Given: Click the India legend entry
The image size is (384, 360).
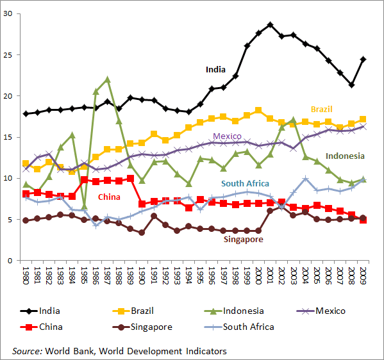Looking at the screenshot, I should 49,311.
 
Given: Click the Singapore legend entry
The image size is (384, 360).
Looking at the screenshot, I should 149,327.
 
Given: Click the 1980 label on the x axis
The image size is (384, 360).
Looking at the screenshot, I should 26,277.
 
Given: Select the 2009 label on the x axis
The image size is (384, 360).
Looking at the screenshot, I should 364,277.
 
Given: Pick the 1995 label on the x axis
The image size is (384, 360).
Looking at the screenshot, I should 201,277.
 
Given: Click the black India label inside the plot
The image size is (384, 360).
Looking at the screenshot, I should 215,69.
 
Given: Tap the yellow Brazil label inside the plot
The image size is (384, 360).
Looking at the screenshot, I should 321,110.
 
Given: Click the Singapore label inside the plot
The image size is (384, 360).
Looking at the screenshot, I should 244,240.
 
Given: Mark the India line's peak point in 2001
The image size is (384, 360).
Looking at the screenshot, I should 271,24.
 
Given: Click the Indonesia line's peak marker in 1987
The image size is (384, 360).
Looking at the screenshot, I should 107,79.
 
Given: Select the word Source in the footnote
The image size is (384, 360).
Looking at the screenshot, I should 27,350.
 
